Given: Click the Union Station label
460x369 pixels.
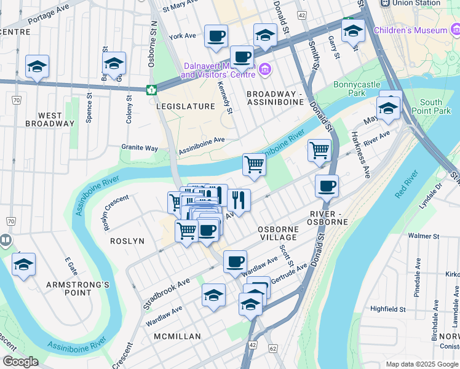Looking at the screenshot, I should click(x=419, y=3).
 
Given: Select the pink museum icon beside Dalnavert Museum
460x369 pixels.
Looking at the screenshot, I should click(x=265, y=68).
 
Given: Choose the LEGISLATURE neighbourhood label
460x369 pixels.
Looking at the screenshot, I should click(x=185, y=106).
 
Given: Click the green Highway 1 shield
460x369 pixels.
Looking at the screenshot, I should click(x=150, y=90).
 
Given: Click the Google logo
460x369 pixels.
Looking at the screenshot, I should click(x=20, y=362).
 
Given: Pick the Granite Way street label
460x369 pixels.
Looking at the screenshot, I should click(x=140, y=148).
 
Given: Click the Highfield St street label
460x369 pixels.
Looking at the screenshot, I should click(x=388, y=309).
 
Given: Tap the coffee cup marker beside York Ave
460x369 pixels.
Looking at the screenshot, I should click(x=215, y=36).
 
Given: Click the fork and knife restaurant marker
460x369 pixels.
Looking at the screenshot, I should click(x=239, y=199).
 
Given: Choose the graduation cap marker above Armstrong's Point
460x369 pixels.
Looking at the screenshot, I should click(x=23, y=265).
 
